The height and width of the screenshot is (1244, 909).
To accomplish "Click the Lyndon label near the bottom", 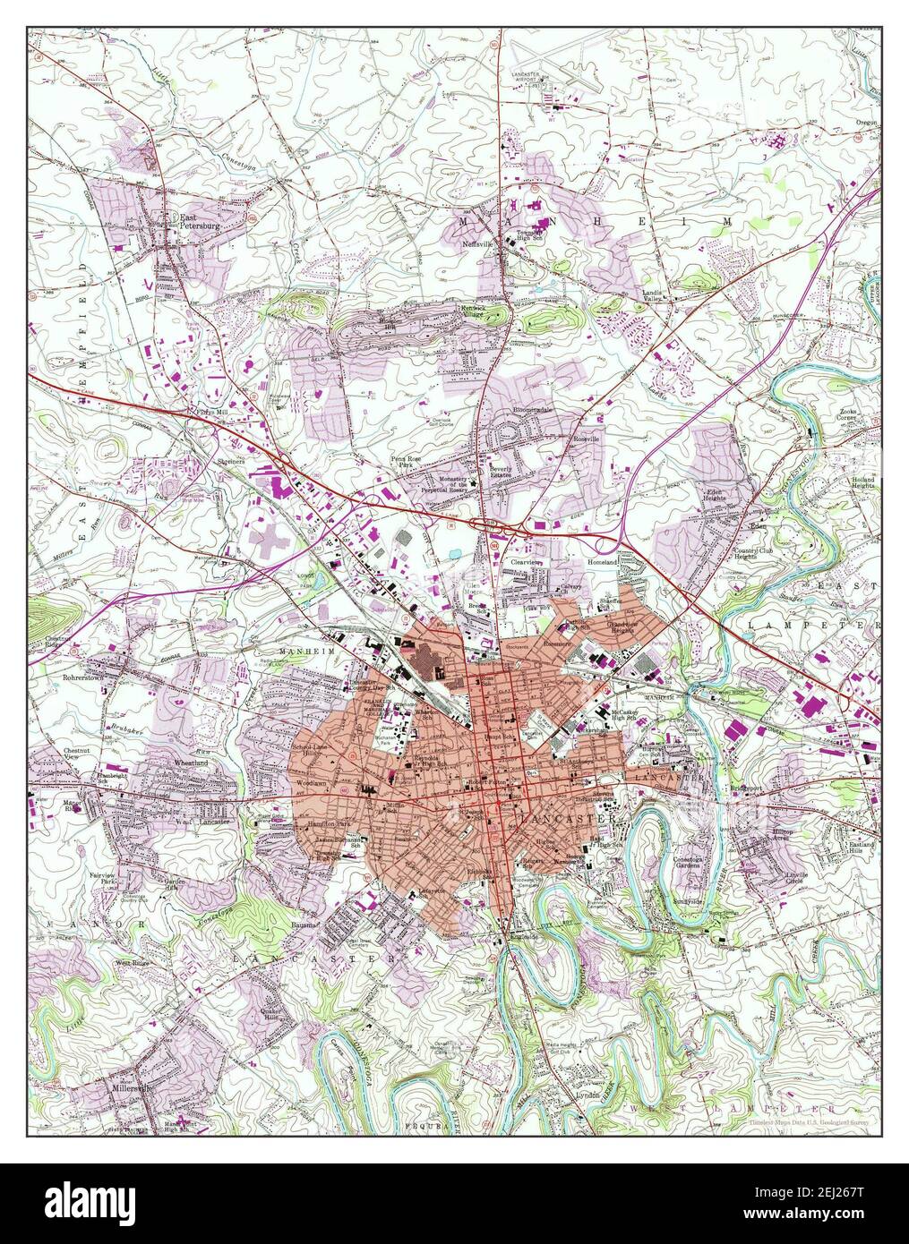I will [x=587, y=1095].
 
